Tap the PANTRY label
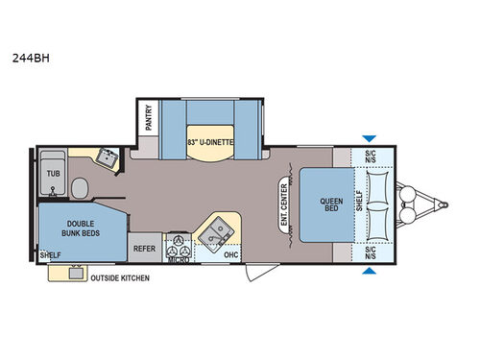(x=149, y=118)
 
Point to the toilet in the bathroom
(x=81, y=185)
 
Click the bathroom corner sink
(x=107, y=156)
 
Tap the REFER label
(x=144, y=247)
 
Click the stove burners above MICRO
(x=178, y=240)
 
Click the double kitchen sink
(x=218, y=228)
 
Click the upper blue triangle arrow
(x=369, y=139)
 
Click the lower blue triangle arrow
(x=369, y=271)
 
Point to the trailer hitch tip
(x=445, y=204)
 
